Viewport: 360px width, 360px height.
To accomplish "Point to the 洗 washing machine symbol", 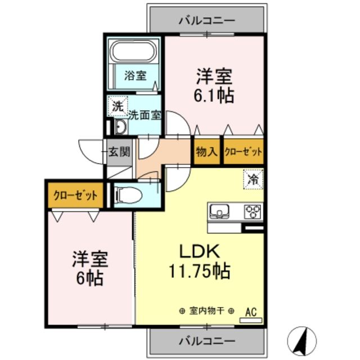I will pos(117,105).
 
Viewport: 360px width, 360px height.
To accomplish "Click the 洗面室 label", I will pos(145,116).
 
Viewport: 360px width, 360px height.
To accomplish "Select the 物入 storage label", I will pos(207,151).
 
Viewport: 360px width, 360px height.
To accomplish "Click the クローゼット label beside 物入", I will pos(244,151).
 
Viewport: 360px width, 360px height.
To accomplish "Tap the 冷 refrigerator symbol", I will pos(253,179).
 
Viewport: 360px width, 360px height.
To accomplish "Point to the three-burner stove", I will pos(253,211).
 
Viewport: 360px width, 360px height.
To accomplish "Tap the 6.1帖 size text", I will pos(214,94).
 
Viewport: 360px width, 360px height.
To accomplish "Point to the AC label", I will pos(250,310).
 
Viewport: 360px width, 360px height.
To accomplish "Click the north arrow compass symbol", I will pos(300,339).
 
